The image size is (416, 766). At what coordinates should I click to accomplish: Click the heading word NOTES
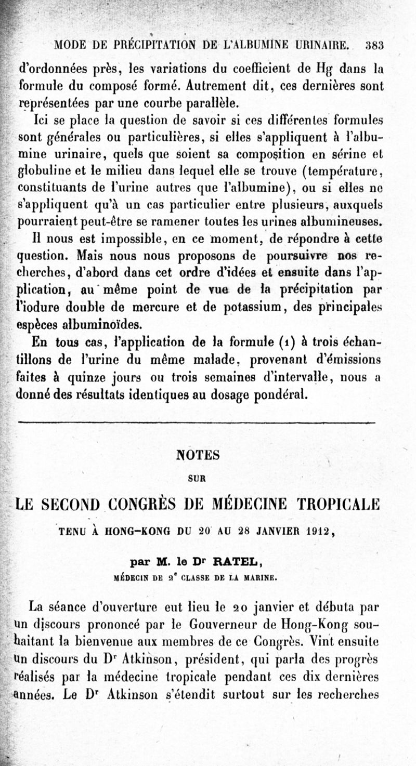[x=198, y=455]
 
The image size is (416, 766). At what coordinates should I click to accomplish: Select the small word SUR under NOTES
[x=198, y=479]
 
